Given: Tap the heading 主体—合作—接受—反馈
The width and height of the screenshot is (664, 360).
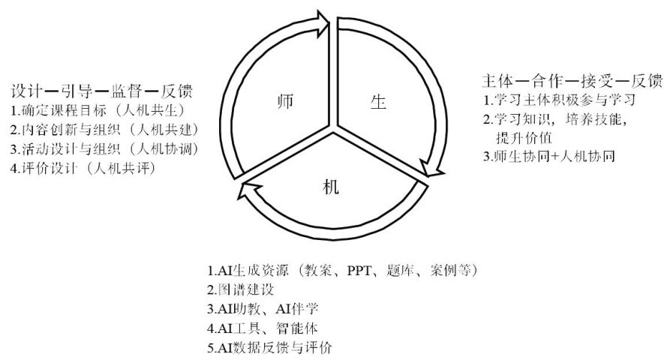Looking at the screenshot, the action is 571,80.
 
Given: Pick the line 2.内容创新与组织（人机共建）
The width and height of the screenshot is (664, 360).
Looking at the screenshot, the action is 103,130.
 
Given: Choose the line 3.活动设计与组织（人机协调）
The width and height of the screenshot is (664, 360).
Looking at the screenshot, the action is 103,148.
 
